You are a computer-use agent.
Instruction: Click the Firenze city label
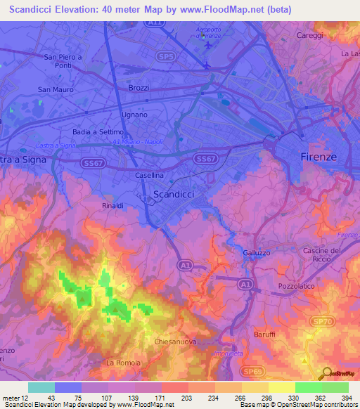coord(319,156)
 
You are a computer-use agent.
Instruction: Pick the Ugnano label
coord(134,115)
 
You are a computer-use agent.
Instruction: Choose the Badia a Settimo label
coord(98,132)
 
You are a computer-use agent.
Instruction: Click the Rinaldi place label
coord(113,206)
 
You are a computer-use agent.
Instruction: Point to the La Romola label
coord(123,363)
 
